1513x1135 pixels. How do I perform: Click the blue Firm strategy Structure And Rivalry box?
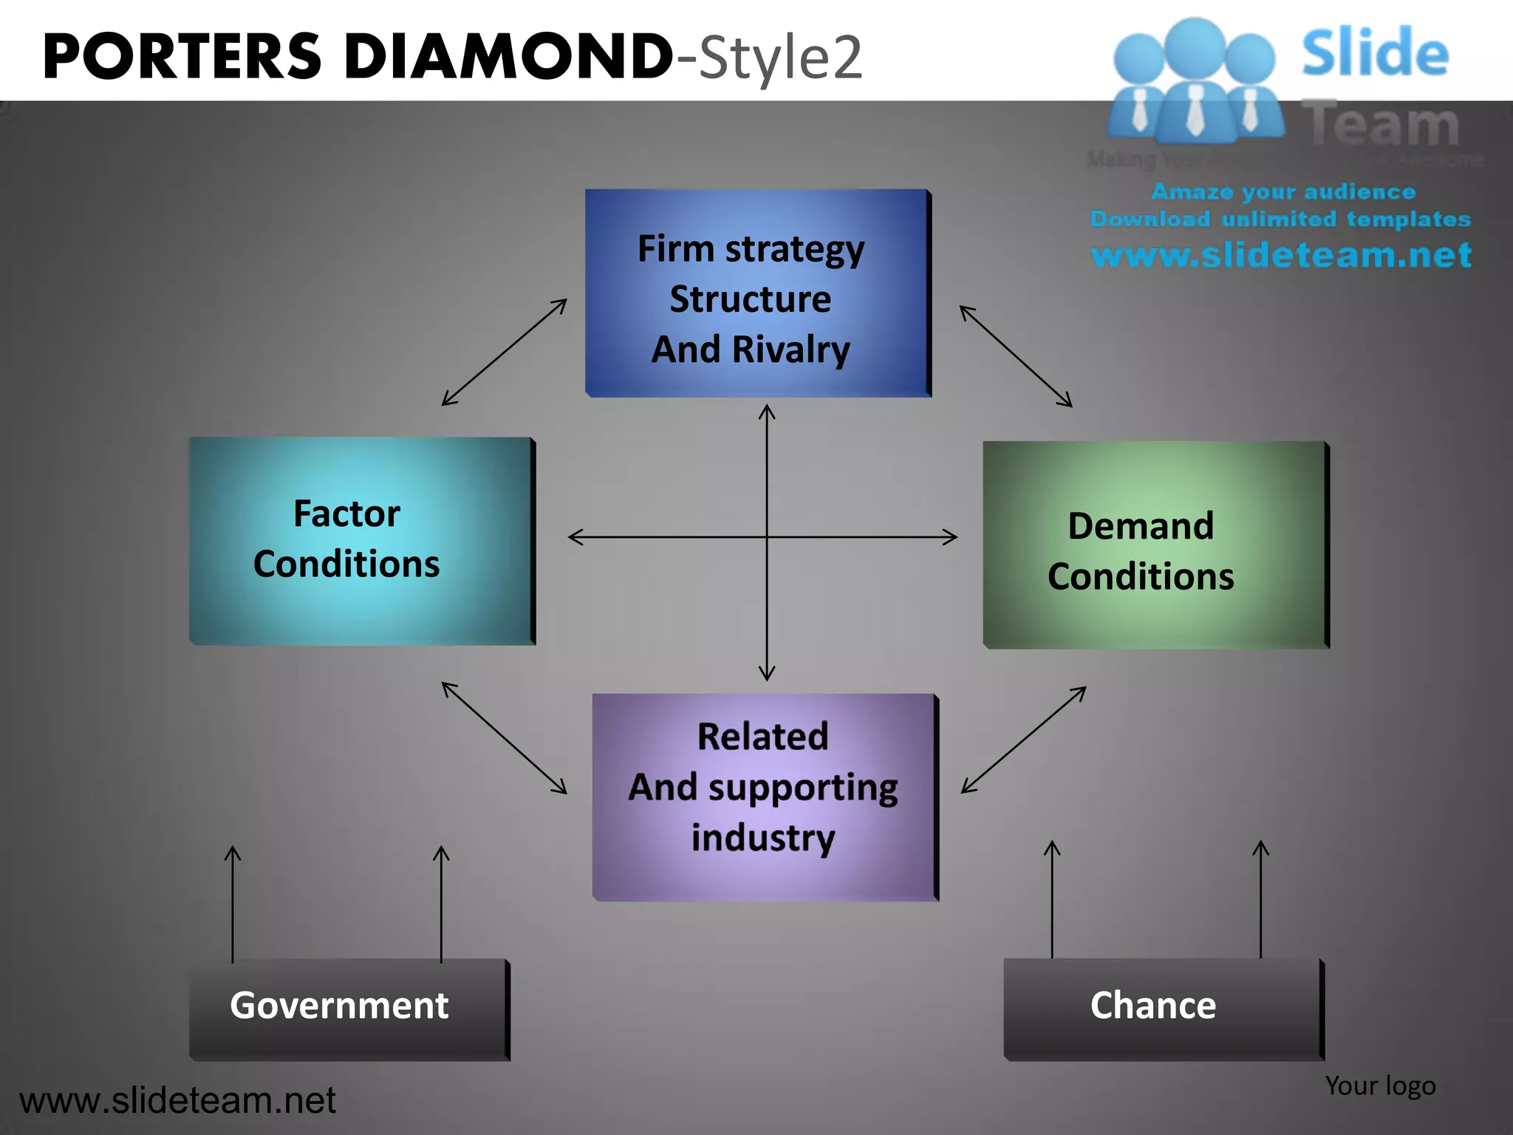[756, 293]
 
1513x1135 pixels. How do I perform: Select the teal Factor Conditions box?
[361, 540]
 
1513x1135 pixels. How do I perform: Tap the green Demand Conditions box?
[1155, 545]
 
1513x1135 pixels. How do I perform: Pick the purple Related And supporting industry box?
[764, 797]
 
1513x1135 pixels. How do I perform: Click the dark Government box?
[348, 1008]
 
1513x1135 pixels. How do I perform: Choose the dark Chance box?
[1162, 1008]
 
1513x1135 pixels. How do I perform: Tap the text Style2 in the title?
[779, 58]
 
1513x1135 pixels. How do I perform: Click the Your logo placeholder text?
[1380, 1085]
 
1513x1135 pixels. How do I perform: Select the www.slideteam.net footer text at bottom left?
[177, 1100]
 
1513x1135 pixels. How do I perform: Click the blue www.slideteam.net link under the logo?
[1281, 255]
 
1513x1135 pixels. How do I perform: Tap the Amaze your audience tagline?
[1283, 192]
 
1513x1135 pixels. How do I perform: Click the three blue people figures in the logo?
[1195, 81]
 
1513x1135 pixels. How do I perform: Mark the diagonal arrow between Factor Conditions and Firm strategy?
[505, 352]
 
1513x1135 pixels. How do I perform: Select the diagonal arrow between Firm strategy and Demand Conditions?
[1016, 356]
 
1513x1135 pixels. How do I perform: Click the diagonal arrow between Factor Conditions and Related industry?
[505, 737]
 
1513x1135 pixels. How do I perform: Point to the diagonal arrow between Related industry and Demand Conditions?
[1023, 740]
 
